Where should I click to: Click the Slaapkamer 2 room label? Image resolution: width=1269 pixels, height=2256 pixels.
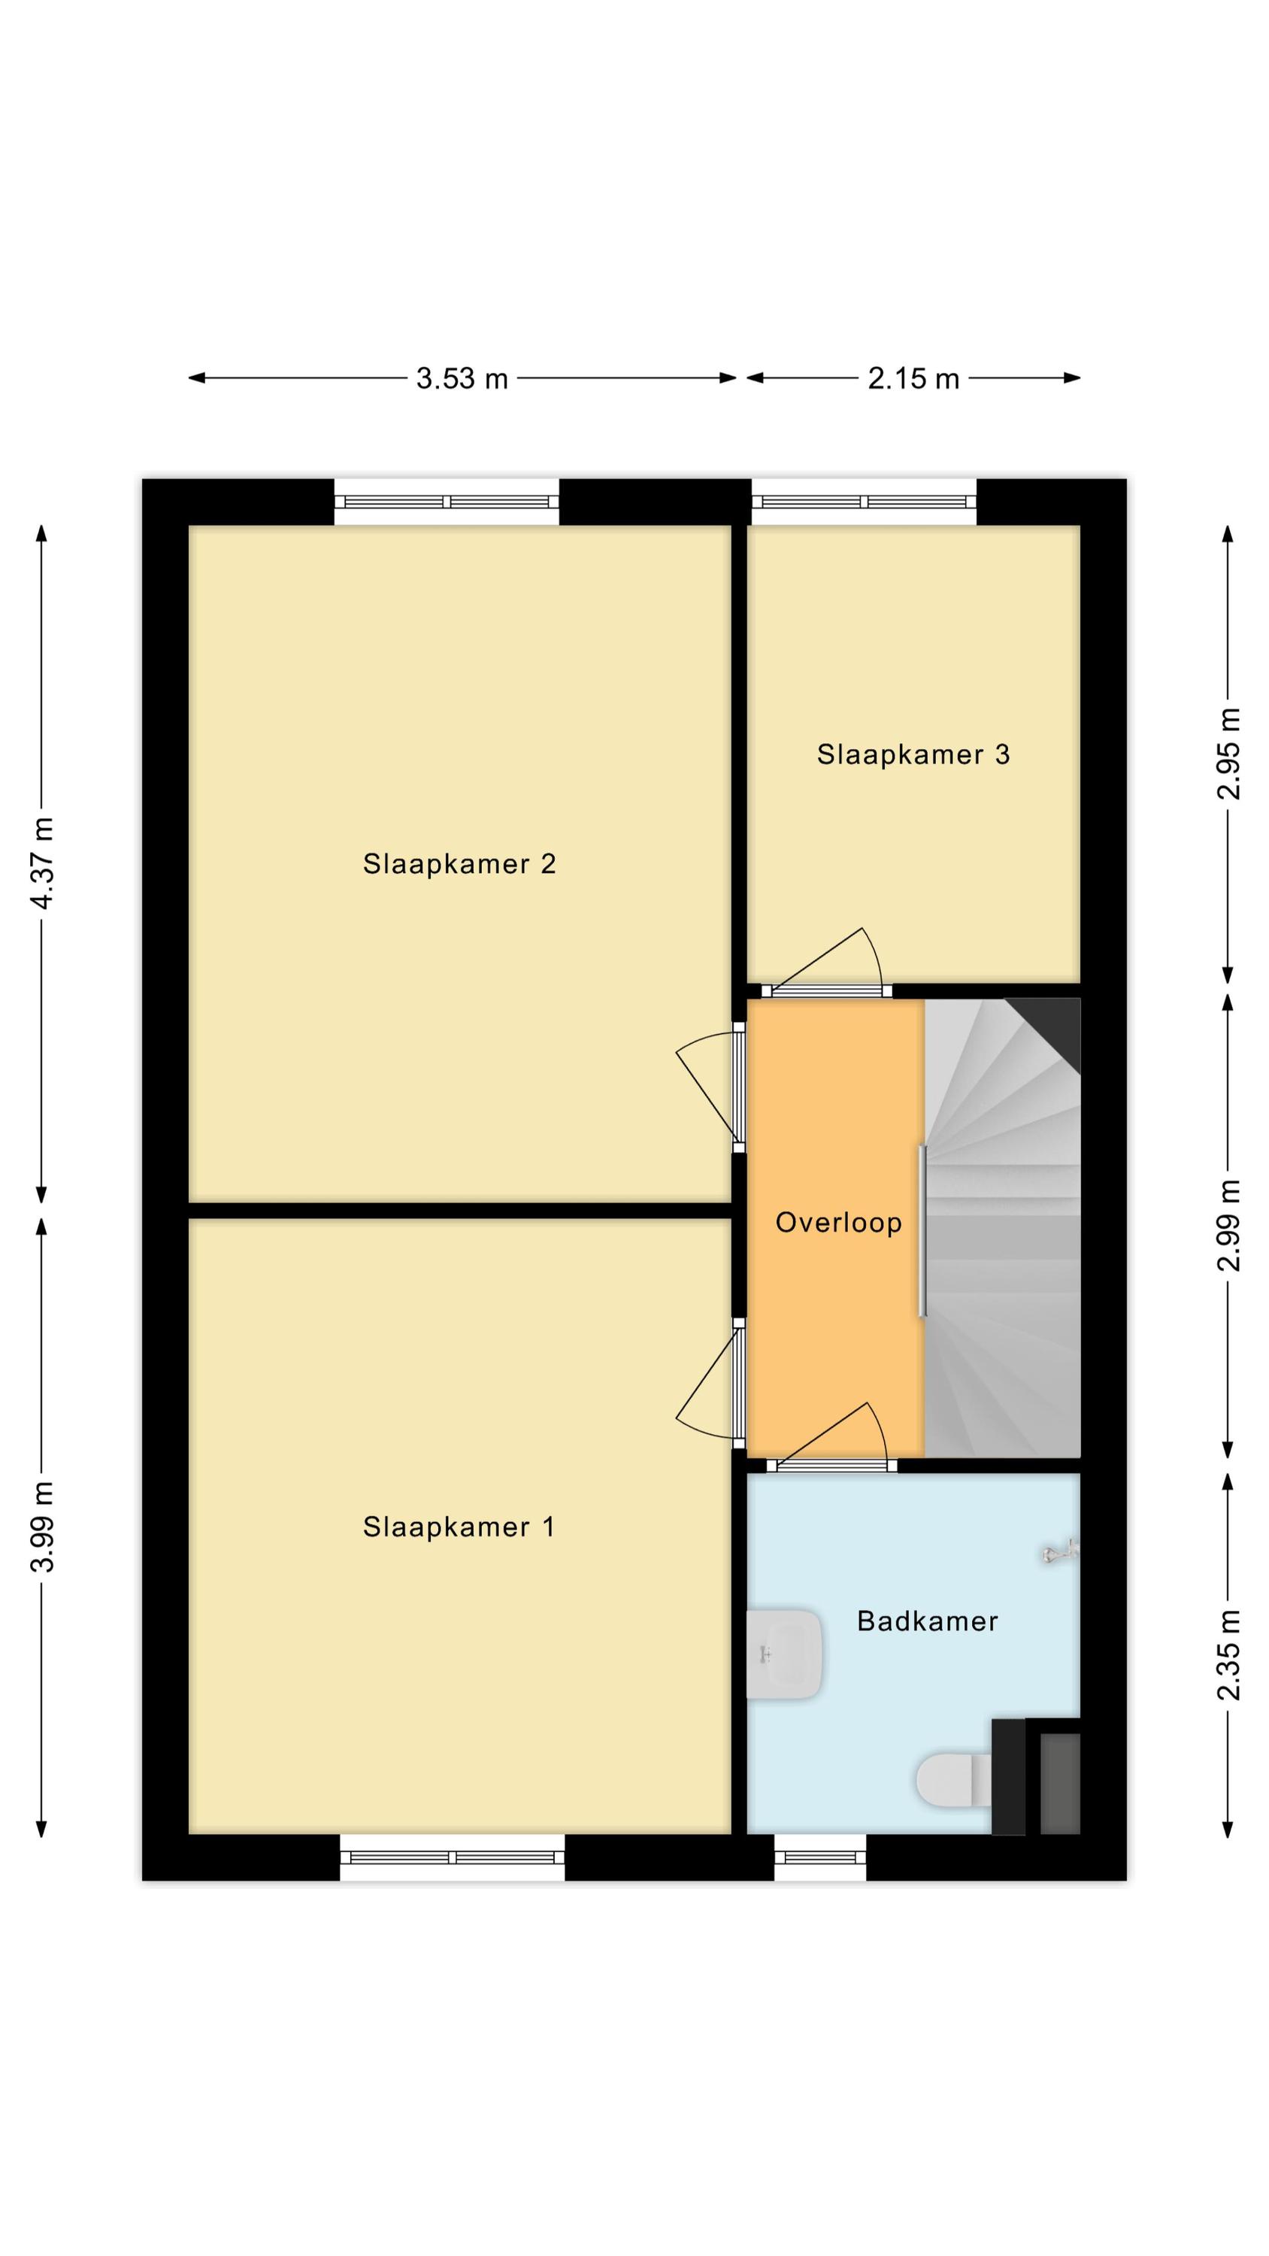click(x=459, y=864)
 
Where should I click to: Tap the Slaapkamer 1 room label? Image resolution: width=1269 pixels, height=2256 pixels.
click(x=459, y=1527)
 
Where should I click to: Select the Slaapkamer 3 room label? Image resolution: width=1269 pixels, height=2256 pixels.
click(x=913, y=754)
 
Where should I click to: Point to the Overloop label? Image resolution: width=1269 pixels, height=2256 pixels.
click(x=838, y=1223)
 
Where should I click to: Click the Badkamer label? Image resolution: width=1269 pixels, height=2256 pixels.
click(x=928, y=1622)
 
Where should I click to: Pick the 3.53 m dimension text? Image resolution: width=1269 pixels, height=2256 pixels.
click(x=462, y=378)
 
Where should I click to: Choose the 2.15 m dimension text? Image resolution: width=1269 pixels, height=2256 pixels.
click(x=913, y=378)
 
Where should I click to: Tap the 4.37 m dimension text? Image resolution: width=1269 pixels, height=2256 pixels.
click(x=42, y=863)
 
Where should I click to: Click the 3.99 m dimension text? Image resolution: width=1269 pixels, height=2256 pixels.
click(x=42, y=1527)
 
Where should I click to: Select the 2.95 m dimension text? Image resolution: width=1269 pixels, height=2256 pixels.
click(x=1228, y=754)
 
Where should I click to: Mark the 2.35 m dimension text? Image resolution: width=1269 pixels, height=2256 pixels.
click(x=1228, y=1655)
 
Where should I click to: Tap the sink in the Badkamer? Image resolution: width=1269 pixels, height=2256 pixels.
click(x=785, y=1654)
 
